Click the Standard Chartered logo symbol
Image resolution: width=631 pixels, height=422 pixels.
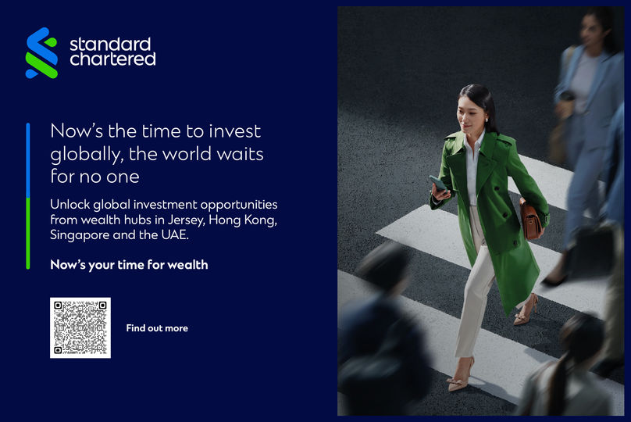(41, 53)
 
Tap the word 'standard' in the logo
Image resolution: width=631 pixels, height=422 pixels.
(110, 44)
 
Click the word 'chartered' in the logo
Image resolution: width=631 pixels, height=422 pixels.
(112, 59)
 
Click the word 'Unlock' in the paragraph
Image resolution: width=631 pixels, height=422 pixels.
(70, 204)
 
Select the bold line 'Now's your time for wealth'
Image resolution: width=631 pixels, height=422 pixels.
(129, 265)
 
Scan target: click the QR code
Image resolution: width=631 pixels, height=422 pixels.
(80, 327)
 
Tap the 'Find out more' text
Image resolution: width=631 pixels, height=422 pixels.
(157, 328)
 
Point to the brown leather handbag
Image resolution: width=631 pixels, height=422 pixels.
(531, 220)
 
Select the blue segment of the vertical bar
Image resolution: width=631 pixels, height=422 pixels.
(28, 160)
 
